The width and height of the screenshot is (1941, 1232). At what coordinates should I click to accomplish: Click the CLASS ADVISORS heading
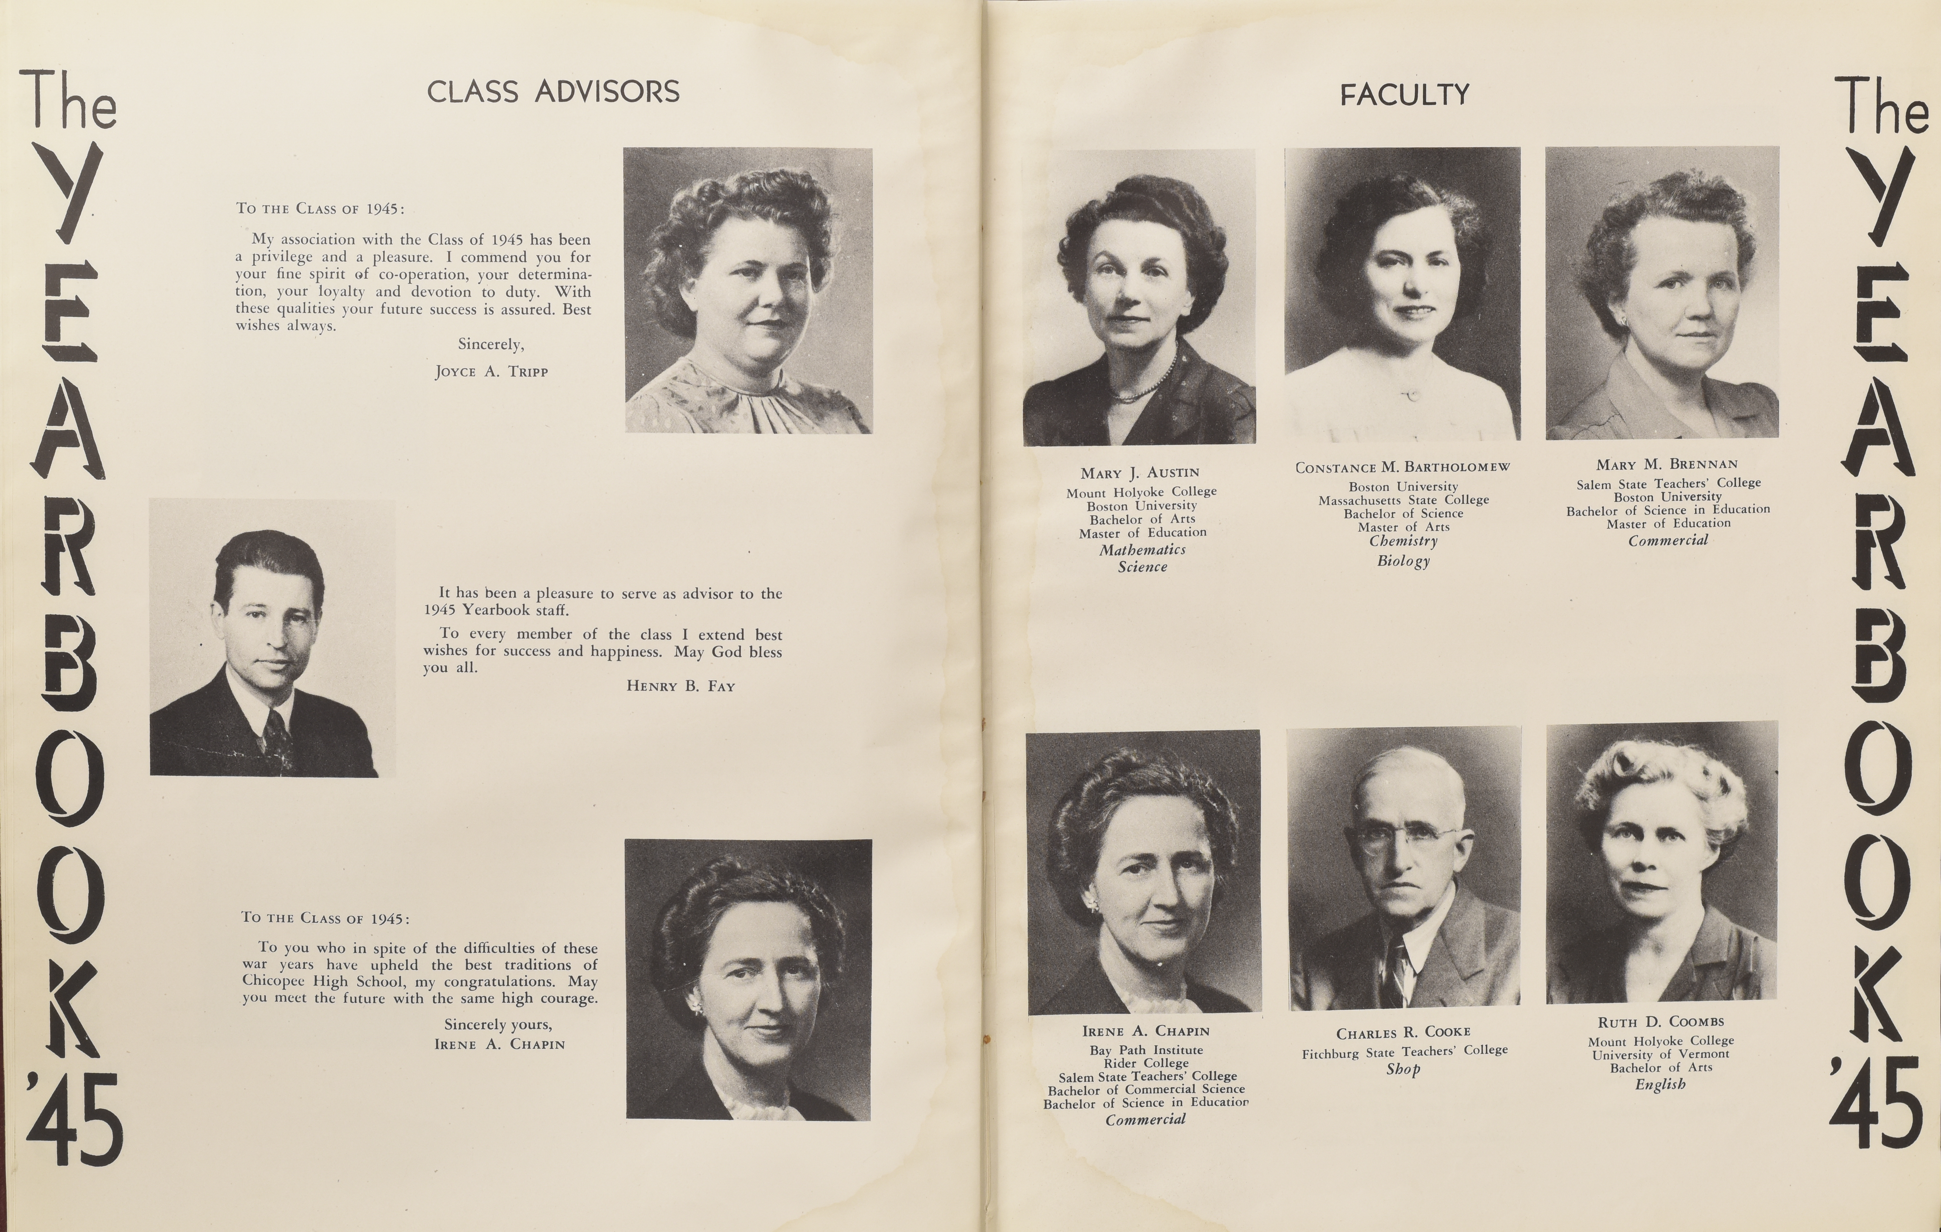coord(553,92)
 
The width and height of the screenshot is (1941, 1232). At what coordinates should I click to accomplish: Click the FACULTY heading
coord(1404,95)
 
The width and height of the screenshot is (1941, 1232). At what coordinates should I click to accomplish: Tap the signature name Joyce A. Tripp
coord(491,372)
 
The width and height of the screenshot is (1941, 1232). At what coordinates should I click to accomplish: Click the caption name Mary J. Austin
coord(1140,472)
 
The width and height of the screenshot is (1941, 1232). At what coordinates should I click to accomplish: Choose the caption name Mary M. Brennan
coord(1667,464)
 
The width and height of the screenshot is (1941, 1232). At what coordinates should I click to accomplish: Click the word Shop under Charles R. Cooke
coord(1403,1070)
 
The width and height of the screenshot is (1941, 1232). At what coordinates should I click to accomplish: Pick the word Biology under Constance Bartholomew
coord(1403,561)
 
